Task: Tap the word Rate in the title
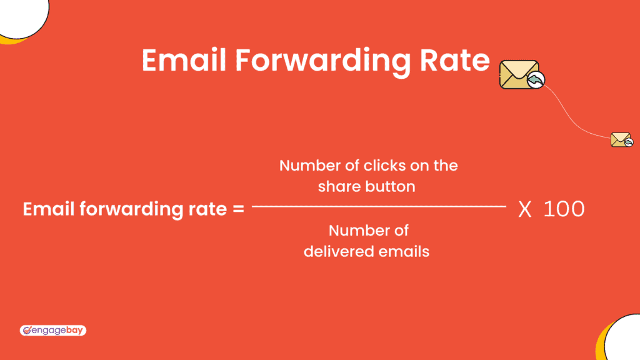(x=454, y=60)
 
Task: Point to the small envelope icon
(x=621, y=139)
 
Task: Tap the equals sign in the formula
(x=237, y=209)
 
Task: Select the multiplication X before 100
(x=525, y=210)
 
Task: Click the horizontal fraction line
(x=379, y=206)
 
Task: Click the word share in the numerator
(x=337, y=186)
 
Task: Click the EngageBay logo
(x=52, y=330)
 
